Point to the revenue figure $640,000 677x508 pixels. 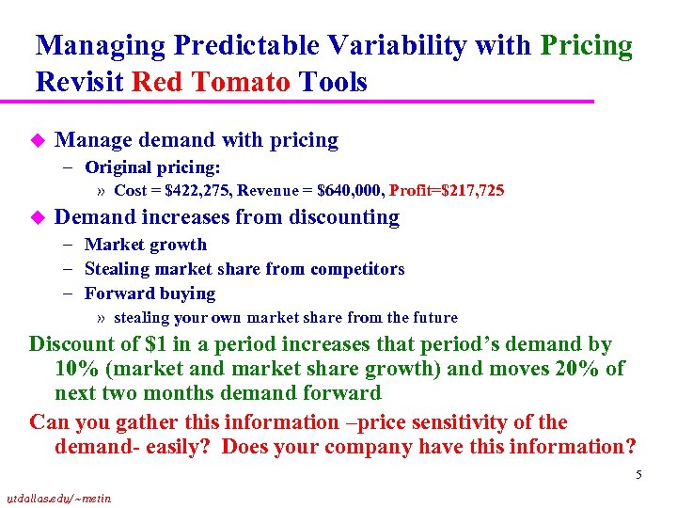click(349, 191)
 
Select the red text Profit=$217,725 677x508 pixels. click(447, 191)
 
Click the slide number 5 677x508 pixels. click(638, 475)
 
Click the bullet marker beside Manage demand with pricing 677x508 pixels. click(38, 140)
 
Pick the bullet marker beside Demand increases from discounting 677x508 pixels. click(38, 217)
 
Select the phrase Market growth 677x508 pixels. click(146, 245)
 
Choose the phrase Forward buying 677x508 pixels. click(150, 294)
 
